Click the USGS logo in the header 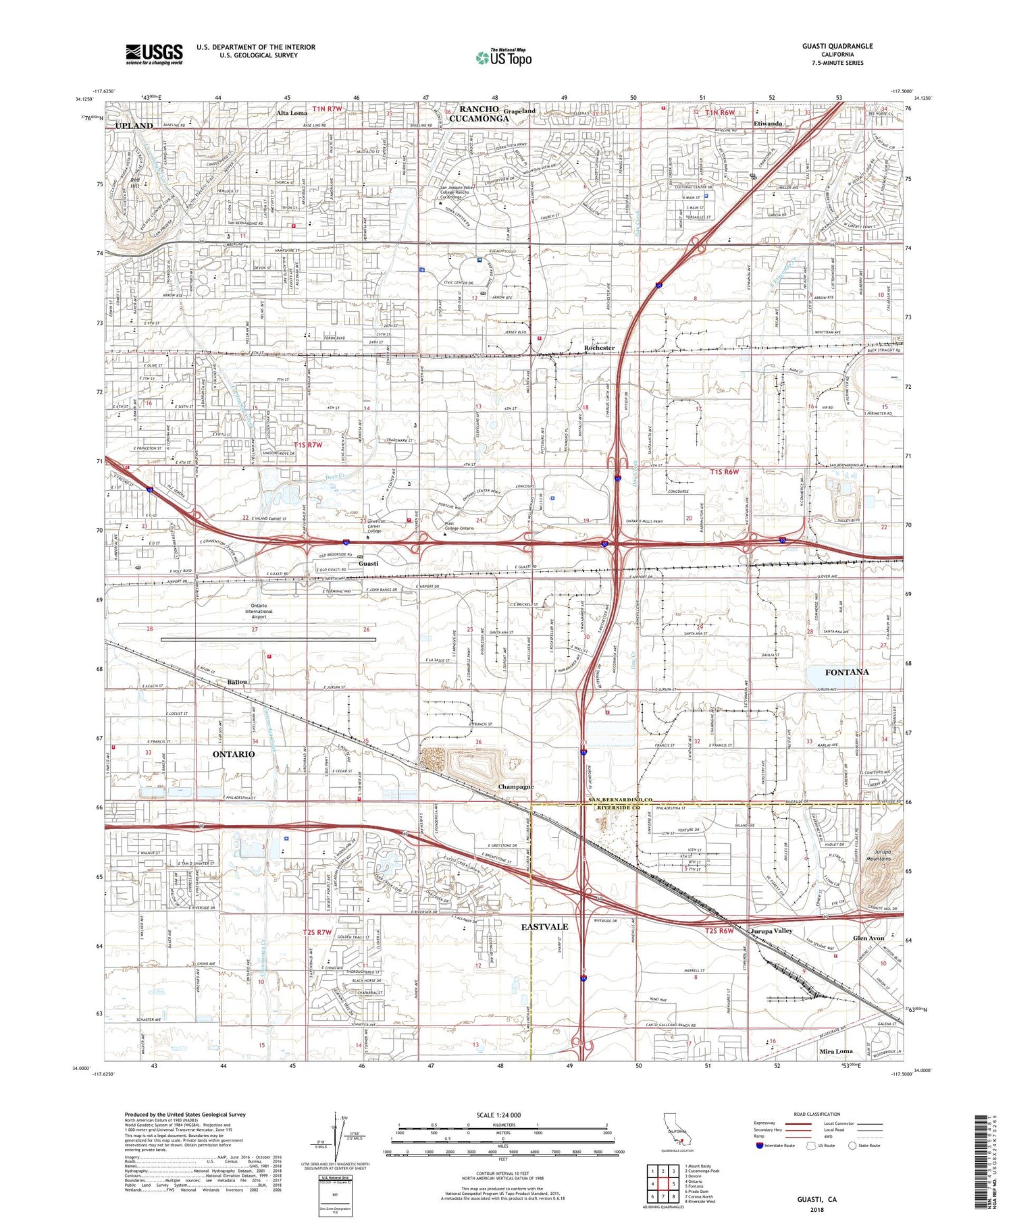[154, 54]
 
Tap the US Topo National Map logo [503, 57]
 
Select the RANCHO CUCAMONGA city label [484, 113]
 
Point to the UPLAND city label [134, 126]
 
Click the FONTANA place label [847, 672]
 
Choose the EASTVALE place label [544, 927]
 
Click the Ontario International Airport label [259, 611]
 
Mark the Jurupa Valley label [771, 930]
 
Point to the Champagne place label [516, 787]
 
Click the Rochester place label [599, 348]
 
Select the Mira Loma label [835, 1051]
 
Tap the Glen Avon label [868, 938]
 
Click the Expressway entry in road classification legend [767, 1123]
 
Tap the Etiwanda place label [768, 124]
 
